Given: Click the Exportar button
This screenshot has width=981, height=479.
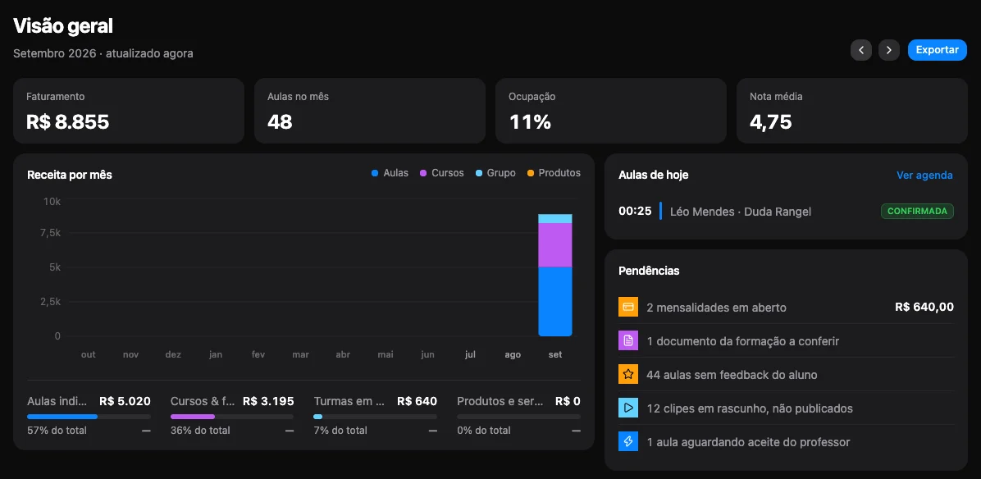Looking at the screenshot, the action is (x=938, y=50).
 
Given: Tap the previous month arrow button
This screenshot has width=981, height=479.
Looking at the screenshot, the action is (x=861, y=50).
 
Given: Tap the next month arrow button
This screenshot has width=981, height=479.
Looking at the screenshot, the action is (x=889, y=50).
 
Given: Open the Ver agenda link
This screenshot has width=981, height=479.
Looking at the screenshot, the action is (x=924, y=175).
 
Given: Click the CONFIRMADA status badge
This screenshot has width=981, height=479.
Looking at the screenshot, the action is (x=917, y=212).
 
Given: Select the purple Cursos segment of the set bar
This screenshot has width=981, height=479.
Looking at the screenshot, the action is (x=555, y=245).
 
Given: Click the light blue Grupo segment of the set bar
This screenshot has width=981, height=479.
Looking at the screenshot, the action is (x=555, y=219).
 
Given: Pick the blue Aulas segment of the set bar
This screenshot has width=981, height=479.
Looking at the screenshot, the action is (x=555, y=301).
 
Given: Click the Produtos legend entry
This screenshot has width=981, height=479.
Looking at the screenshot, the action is (x=554, y=172).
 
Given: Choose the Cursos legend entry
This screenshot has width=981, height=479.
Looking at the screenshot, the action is (x=442, y=172).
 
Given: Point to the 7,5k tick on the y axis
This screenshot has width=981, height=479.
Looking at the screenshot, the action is (x=50, y=233).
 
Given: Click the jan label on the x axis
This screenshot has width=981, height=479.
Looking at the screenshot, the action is (x=215, y=354).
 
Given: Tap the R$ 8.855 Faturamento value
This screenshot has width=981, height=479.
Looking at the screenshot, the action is (x=67, y=122).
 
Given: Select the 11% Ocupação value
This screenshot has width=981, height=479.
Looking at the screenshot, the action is (x=530, y=122).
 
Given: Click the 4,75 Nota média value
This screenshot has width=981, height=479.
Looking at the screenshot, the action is (x=771, y=122).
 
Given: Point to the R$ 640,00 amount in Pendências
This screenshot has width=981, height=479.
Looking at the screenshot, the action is (x=924, y=307).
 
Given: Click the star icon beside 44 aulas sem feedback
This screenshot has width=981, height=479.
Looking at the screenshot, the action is (x=628, y=375).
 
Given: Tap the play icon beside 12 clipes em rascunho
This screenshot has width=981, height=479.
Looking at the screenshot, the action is (x=628, y=408).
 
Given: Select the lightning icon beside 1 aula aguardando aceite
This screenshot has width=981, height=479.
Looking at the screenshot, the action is (x=628, y=442).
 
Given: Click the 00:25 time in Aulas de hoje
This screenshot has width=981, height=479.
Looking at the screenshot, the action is (x=635, y=212).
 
